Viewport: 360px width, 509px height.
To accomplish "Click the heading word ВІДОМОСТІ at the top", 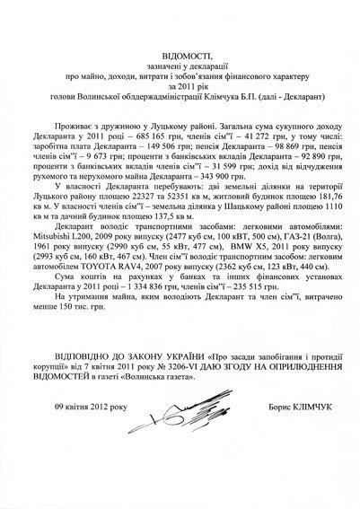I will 180,54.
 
